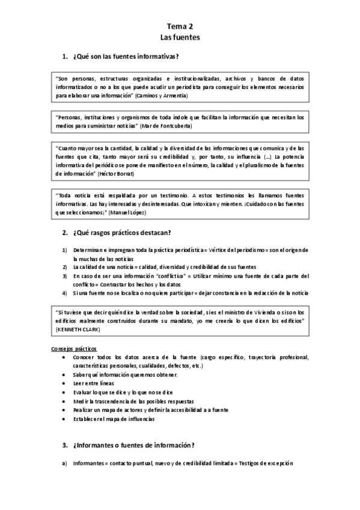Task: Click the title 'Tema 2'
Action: tap(180, 26)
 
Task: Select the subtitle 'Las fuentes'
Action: tap(180, 37)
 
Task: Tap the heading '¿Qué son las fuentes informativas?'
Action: tap(124, 57)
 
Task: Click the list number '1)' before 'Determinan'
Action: tap(64, 250)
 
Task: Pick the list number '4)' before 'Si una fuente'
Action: tap(64, 293)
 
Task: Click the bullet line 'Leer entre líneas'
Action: tap(93, 383)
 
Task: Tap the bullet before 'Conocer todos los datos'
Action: tap(64, 357)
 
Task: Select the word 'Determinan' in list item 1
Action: tap(89, 250)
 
